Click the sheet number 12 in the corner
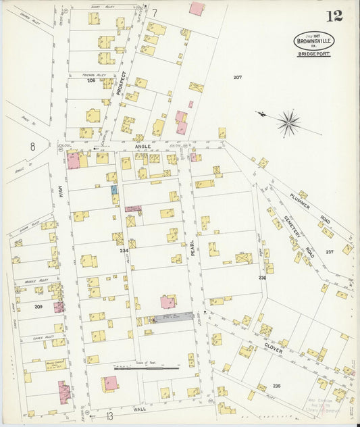pyautogui.click(x=334, y=16)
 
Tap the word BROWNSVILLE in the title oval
pyautogui.click(x=312, y=41)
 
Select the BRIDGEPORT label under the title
pyautogui.click(x=312, y=53)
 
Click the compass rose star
pyautogui.click(x=288, y=122)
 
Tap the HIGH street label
pyautogui.click(x=60, y=193)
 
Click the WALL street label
pyautogui.click(x=140, y=409)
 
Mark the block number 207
pyautogui.click(x=237, y=78)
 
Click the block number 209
pyautogui.click(x=38, y=307)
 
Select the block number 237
pyautogui.click(x=329, y=251)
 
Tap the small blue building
pyautogui.click(x=114, y=191)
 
